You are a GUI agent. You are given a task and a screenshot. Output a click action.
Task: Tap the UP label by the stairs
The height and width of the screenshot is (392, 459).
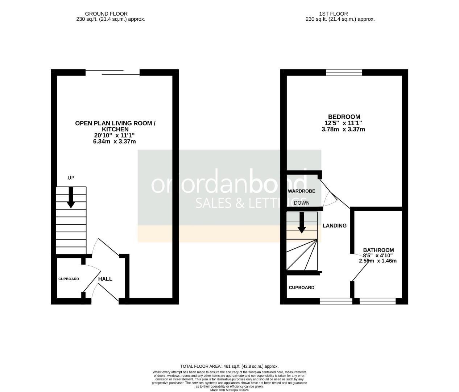point(71,178)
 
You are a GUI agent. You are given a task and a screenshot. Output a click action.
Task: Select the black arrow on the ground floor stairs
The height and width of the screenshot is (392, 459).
point(71,198)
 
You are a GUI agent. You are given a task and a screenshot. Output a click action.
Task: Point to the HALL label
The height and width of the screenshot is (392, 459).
point(106,279)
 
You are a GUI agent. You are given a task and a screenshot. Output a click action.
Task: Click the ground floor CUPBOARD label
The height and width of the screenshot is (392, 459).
point(69,279)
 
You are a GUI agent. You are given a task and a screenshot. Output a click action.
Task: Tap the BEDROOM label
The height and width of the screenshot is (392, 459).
point(344,117)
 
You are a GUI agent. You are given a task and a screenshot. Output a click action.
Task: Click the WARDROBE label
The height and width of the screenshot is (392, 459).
point(301,191)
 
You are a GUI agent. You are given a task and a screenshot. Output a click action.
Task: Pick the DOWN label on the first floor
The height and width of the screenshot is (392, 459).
point(302,203)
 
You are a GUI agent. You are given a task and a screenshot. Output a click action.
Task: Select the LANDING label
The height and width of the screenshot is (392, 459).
point(335,226)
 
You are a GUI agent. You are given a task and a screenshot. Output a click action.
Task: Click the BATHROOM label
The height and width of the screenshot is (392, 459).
point(379,250)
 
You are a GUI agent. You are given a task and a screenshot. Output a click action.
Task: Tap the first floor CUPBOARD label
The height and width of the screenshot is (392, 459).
point(301,287)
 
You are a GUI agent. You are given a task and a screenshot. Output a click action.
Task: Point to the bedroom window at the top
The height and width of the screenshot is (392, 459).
point(344,73)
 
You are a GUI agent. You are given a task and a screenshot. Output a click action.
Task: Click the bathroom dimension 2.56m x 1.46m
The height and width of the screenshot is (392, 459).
point(378,261)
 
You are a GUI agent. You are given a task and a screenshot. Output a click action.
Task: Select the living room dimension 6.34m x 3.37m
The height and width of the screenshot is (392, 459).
point(115,142)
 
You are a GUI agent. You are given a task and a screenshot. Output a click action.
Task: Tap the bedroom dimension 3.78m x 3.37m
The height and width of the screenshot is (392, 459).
point(343,129)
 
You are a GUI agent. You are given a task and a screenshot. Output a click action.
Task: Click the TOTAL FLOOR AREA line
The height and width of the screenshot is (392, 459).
point(229,367)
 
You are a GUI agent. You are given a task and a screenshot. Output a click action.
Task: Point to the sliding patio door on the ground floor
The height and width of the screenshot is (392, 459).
point(112,73)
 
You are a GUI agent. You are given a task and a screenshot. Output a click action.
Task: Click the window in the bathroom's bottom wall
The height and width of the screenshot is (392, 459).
point(377,301)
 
